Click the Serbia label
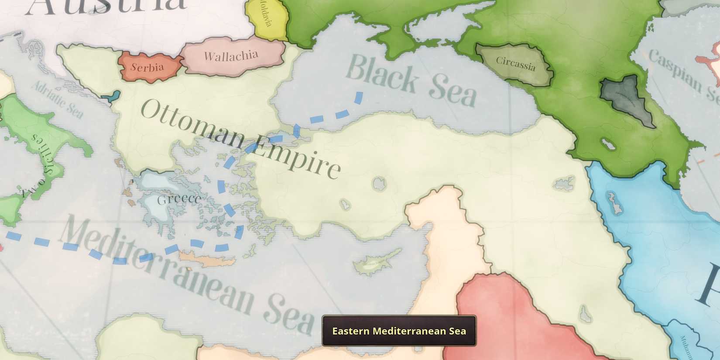pos(147,67)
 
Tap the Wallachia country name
pos(231,56)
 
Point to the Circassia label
pos(515,64)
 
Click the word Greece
pos(179,199)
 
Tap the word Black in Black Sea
pos(382,74)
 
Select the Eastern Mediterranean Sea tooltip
pos(399,331)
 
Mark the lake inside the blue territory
pos(614,203)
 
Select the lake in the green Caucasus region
pos(608,144)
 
